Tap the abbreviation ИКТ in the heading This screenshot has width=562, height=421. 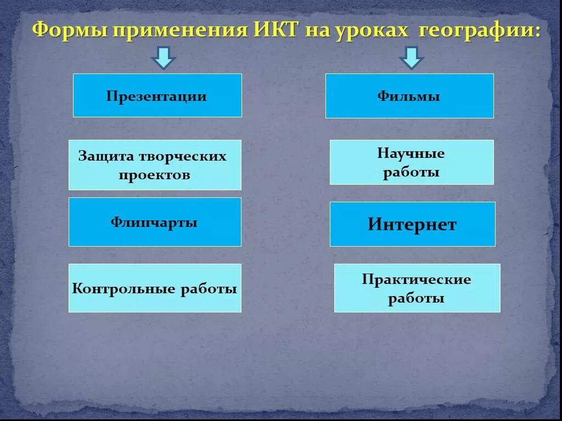[278, 30]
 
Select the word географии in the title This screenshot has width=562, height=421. [479, 30]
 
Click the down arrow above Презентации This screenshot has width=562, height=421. [163, 58]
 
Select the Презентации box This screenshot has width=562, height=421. [157, 96]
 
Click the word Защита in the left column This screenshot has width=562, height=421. [106, 156]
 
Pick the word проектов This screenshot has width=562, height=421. [155, 175]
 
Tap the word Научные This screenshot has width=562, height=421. [411, 153]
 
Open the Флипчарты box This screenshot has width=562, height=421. [154, 223]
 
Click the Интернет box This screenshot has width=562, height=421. [412, 225]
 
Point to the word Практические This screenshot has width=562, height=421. [417, 280]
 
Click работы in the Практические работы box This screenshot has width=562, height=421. [417, 299]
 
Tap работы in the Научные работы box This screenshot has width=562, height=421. [411, 172]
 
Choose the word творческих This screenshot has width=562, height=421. [182, 156]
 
